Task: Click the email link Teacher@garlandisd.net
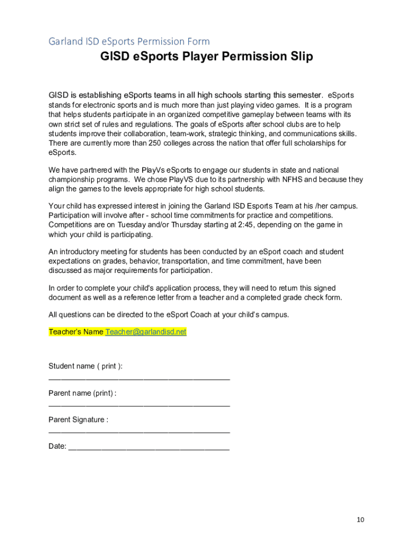146,332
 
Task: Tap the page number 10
360,520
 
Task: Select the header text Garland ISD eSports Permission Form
129,41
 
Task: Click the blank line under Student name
139,379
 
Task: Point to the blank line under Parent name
139,405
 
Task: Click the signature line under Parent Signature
139,432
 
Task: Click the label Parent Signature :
78,420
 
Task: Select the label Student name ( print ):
85,366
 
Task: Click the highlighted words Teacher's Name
76,332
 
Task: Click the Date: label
57,446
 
